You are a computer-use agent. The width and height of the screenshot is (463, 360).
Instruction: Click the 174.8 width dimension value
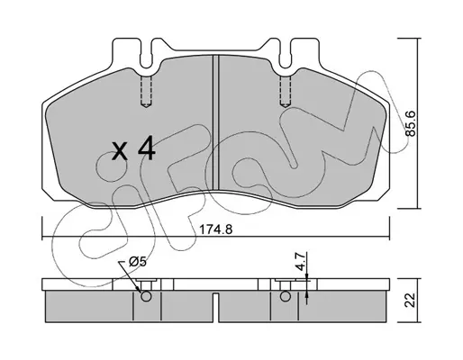pyautogui.click(x=216, y=229)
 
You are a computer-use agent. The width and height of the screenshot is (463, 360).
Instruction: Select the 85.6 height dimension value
pyautogui.click(x=410, y=123)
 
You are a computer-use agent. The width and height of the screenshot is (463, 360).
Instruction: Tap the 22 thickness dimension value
pyautogui.click(x=410, y=300)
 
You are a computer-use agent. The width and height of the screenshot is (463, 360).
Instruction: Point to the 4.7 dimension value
pyautogui.click(x=301, y=262)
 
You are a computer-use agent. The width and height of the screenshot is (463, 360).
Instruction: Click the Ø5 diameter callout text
pyautogui.click(x=138, y=262)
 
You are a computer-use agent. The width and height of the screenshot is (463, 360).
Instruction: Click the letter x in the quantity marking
pyautogui.click(x=120, y=151)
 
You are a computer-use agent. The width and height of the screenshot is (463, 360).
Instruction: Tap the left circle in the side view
pyautogui.click(x=146, y=297)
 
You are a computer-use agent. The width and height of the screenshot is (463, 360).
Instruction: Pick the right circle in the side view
pyautogui.click(x=285, y=297)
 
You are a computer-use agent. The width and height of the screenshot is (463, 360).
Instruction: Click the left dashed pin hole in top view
pyautogui.click(x=146, y=91)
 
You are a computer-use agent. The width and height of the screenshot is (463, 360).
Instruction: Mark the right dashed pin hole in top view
pyautogui.click(x=286, y=91)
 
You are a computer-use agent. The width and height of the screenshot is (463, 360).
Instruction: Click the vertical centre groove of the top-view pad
pyautogui.click(x=216, y=122)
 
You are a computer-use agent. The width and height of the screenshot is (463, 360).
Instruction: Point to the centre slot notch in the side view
pyautogui.click(x=216, y=307)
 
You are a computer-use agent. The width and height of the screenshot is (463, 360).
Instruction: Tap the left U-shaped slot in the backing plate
pyautogui.click(x=146, y=58)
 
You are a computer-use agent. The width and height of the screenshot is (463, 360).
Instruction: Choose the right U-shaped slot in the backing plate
pyautogui.click(x=286, y=58)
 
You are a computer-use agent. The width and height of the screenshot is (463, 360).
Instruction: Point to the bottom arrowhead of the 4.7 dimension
pyautogui.click(x=306, y=294)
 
